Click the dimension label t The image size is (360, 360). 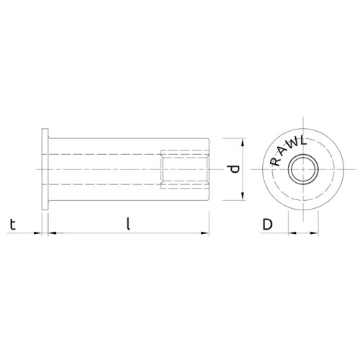[x=12, y=224]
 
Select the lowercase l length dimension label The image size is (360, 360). [x=127, y=224]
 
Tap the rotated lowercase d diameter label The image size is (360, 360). [x=232, y=170]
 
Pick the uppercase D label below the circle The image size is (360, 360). [x=267, y=224]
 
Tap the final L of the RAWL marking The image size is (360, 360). [x=305, y=143]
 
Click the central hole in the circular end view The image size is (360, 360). [x=302, y=171]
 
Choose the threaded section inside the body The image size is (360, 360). [x=184, y=170]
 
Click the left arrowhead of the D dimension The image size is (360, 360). [x=292, y=233]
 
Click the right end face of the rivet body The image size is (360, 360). [x=209, y=170]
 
